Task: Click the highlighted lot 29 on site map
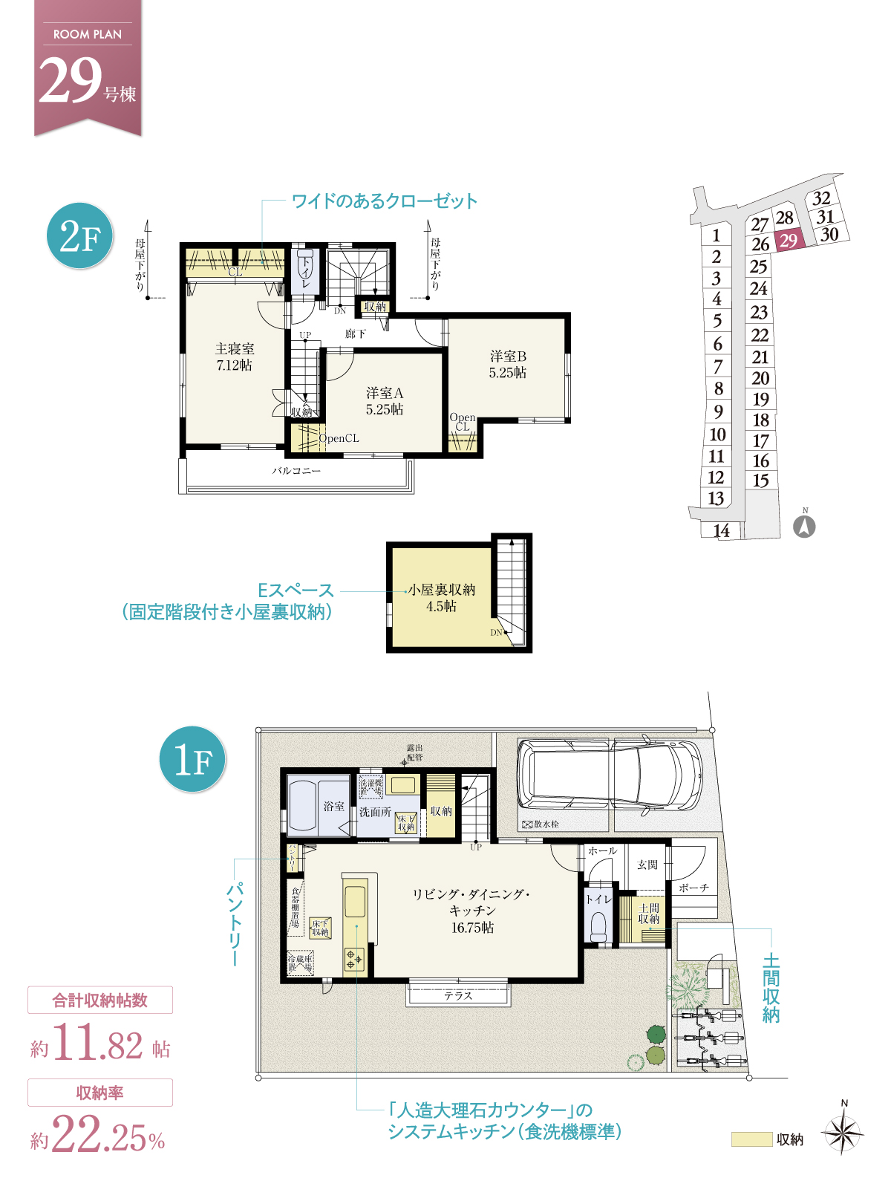pyautogui.click(x=788, y=241)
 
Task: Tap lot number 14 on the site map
pyautogui.click(x=721, y=530)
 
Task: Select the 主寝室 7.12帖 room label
pyautogui.click(x=235, y=357)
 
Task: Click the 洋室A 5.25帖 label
pyautogui.click(x=384, y=401)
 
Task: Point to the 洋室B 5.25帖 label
pyautogui.click(x=508, y=365)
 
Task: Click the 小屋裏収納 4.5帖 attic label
pyautogui.click(x=441, y=598)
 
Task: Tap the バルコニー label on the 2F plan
pyautogui.click(x=296, y=471)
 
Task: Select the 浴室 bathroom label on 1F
pyautogui.click(x=333, y=806)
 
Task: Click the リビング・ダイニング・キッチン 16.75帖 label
pyautogui.click(x=471, y=911)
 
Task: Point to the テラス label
pyautogui.click(x=458, y=996)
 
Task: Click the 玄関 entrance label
pyautogui.click(x=647, y=865)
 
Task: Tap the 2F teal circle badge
pyautogui.click(x=79, y=236)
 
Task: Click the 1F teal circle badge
pyautogui.click(x=192, y=759)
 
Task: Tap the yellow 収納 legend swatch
pyautogui.click(x=751, y=1139)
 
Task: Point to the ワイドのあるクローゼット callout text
pyautogui.click(x=384, y=201)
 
